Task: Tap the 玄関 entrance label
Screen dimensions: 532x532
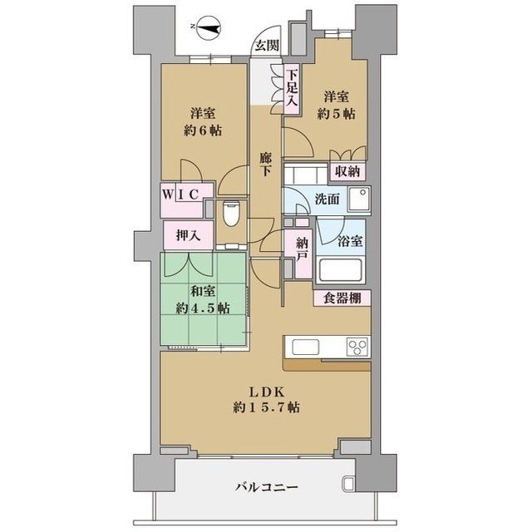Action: pos(267,47)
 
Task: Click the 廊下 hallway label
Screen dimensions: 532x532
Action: pos(265,164)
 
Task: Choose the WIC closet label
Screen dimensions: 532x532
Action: pos(180,194)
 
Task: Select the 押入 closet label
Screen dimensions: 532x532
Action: pos(187,235)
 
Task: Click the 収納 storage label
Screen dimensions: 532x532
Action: pos(347,171)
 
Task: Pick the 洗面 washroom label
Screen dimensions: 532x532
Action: pos(326,199)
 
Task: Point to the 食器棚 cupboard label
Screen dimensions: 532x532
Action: pos(342,298)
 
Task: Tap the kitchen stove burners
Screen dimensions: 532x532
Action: pos(357,346)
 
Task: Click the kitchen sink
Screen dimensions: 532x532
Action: pos(302,346)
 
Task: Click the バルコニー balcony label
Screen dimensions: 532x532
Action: pos(266,486)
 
